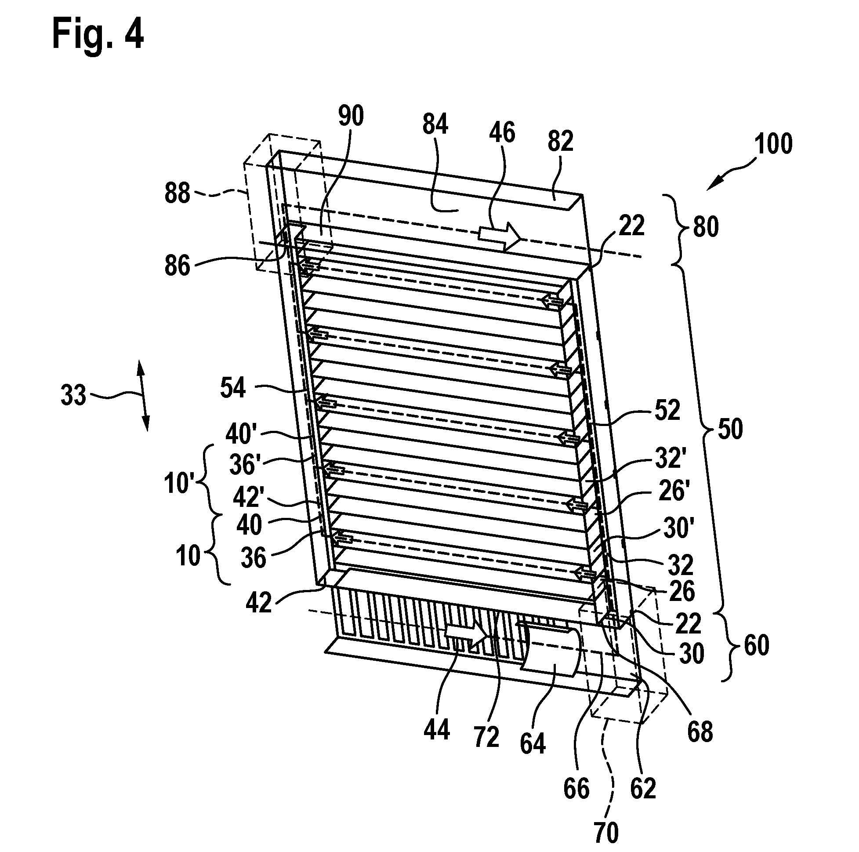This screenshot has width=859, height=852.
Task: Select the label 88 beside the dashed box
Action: click(x=178, y=194)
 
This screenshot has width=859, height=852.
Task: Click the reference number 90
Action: click(x=351, y=116)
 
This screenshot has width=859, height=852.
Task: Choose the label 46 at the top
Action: click(x=502, y=133)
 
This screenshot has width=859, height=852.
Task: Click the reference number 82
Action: click(x=560, y=142)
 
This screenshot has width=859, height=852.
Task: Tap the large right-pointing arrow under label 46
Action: click(x=499, y=234)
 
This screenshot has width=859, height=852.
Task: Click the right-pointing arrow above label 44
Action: click(x=466, y=634)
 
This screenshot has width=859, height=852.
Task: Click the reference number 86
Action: click(x=177, y=266)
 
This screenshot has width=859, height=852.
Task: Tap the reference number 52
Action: click(x=667, y=410)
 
